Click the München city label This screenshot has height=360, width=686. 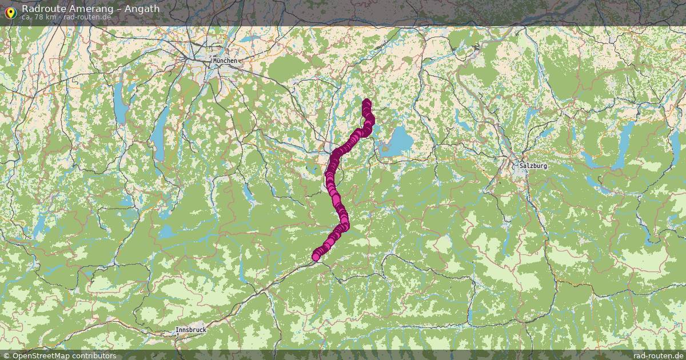224,61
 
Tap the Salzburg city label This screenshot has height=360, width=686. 533,166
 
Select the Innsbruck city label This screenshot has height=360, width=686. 191,330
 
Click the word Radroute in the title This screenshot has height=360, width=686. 43,9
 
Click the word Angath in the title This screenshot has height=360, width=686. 141,9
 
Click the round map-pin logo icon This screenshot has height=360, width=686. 10,12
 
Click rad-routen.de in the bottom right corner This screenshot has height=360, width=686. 658,355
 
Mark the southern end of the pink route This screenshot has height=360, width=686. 316,257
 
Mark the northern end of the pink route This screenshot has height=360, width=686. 366,103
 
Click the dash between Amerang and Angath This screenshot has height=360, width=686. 114,9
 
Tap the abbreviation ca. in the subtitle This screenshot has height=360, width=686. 26,17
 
